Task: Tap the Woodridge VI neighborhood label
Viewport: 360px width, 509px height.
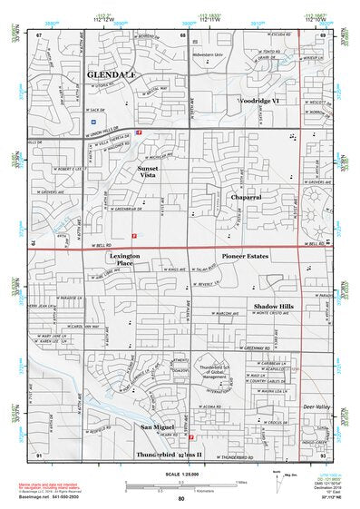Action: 263,100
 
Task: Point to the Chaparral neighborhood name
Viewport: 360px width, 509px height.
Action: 246,195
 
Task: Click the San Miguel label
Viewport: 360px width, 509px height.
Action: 158,426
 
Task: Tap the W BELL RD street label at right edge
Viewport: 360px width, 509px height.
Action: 314,243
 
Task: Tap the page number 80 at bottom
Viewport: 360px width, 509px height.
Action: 181,498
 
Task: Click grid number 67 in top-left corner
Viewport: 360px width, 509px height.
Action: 39,34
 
